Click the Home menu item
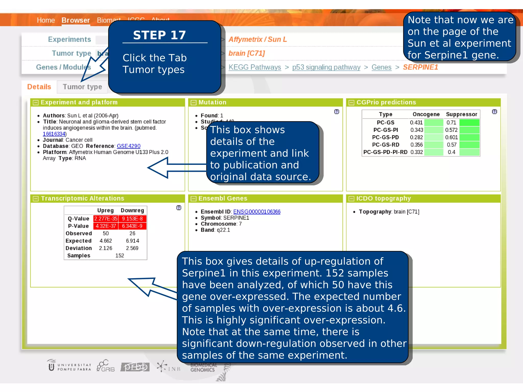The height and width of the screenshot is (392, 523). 46,20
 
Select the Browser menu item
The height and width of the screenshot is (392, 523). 76,20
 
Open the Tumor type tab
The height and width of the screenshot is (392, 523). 82,87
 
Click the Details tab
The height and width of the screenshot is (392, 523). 39,87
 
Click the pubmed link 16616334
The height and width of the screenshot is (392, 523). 54,134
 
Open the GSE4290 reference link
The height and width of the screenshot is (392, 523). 128,146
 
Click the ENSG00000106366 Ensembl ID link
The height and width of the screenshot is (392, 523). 257,212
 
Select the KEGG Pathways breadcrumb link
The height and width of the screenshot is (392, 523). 255,67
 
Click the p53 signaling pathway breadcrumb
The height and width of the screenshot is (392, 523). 326,67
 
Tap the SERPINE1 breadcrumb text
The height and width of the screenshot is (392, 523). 420,67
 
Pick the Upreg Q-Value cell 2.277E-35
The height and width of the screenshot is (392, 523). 106,219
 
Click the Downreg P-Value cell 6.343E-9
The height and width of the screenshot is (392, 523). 132,226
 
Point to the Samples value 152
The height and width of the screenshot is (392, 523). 120,255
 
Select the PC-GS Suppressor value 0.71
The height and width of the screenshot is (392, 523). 451,122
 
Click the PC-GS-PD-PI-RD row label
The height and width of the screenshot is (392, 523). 385,152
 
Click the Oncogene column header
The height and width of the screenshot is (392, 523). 426,114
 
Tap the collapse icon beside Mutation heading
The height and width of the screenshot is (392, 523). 194,103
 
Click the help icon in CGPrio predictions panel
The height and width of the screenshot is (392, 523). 494,112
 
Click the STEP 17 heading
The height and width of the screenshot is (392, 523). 159,35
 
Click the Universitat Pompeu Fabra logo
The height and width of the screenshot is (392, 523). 69,366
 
